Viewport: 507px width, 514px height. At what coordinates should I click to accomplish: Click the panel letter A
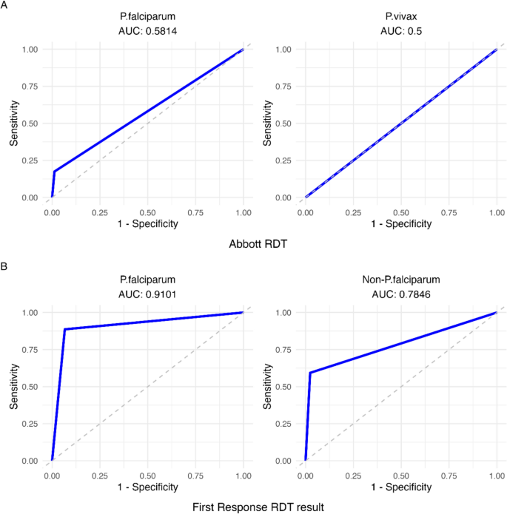point(4,5)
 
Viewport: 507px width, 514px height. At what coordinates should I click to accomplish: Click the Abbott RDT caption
point(253,243)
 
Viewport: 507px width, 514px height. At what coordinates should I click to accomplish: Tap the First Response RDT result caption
point(253,507)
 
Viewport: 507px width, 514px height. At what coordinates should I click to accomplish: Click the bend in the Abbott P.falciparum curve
point(54,172)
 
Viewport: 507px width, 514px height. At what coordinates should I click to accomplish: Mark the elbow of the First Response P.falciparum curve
point(64,329)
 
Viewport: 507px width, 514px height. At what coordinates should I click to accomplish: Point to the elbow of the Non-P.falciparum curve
point(310,373)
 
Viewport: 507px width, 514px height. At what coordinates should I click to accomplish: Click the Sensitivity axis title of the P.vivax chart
point(268,124)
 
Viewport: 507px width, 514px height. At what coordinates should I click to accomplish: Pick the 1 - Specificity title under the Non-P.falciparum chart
point(400,487)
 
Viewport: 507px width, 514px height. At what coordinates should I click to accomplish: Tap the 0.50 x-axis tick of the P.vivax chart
point(400,211)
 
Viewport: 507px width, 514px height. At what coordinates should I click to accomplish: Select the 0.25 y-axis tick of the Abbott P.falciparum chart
point(30,160)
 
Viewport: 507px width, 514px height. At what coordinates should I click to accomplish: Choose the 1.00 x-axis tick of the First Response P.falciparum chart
point(243,474)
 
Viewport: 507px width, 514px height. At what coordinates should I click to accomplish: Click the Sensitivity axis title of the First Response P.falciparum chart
point(15,387)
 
